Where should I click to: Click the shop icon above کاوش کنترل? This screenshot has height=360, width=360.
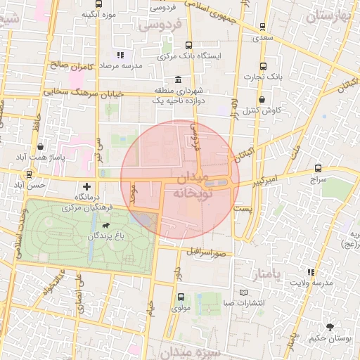263,100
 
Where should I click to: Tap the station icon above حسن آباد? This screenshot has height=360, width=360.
28,174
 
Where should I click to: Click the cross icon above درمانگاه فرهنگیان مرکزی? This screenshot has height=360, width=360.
86,187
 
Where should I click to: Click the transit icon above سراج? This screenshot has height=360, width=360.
319,169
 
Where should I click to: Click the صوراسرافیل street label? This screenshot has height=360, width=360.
206,252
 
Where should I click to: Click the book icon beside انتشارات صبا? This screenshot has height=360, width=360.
244,292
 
